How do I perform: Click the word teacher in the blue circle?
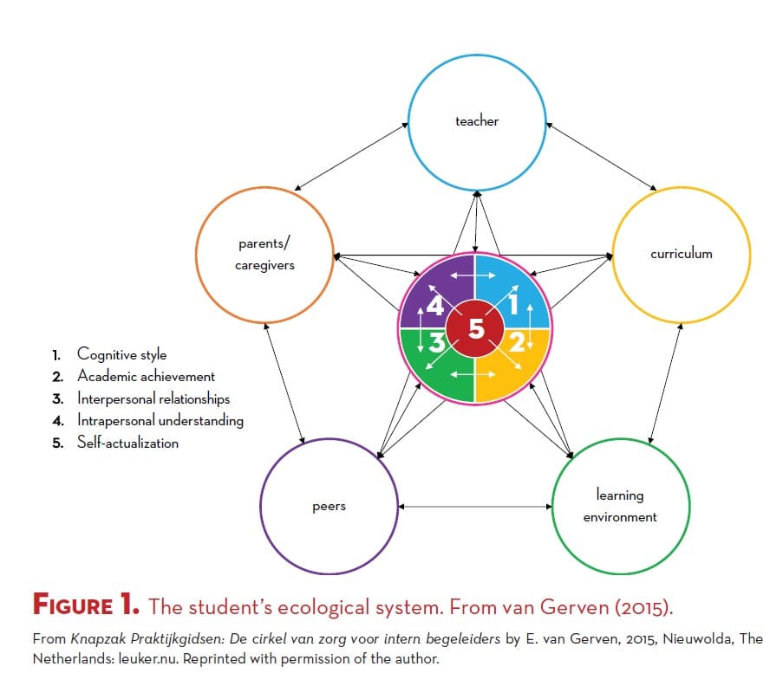tap(477, 121)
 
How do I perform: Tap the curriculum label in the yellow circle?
tap(682, 254)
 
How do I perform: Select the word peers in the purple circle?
tap(330, 507)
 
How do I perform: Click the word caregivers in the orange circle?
tap(264, 265)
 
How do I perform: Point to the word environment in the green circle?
tap(620, 517)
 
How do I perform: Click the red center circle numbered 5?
tap(475, 328)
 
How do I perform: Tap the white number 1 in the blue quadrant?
tap(512, 304)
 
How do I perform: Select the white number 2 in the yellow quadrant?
tap(517, 342)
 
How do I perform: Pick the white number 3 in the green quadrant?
tap(437, 343)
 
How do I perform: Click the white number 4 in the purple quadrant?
tap(435, 306)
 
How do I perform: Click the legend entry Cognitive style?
tap(122, 354)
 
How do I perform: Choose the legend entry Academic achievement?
tap(146, 376)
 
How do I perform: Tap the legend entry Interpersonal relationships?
tap(153, 398)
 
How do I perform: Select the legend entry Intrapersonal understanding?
tap(160, 420)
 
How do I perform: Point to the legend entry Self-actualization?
tap(127, 442)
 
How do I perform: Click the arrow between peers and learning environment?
tap(475, 507)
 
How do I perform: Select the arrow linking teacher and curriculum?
tap(601, 156)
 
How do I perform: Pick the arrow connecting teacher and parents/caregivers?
tap(351, 157)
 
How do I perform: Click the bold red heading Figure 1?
tap(86, 605)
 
